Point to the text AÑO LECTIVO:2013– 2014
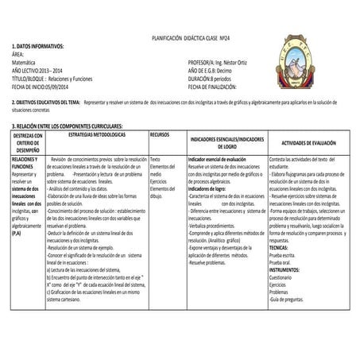click(x=37, y=68)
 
